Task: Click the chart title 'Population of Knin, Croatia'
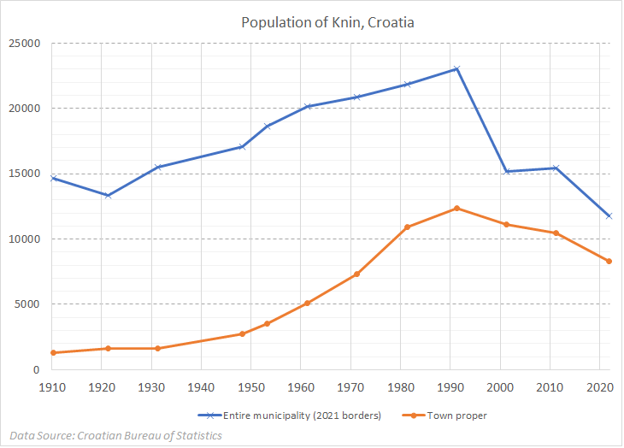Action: [328, 22]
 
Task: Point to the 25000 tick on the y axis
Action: [25, 43]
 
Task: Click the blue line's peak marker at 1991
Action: [457, 68]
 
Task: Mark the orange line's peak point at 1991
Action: [457, 208]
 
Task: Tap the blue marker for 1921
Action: [108, 196]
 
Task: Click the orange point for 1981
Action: [407, 227]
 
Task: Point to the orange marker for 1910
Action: [53, 352]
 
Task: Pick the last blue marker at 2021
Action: [609, 215]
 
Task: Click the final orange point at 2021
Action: [609, 261]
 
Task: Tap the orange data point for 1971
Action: [357, 274]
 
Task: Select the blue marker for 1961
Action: [308, 106]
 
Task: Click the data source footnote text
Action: [116, 435]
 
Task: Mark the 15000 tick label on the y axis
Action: [25, 174]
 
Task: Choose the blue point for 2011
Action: [557, 168]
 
